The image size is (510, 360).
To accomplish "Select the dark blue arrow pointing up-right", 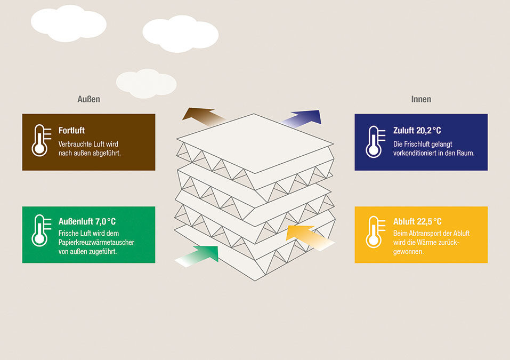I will click(x=306, y=118).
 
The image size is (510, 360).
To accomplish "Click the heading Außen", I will click(x=88, y=99).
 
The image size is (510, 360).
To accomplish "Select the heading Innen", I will click(x=421, y=99).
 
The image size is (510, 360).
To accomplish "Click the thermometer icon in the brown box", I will click(x=39, y=141).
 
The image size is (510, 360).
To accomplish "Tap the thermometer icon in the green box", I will click(x=39, y=231).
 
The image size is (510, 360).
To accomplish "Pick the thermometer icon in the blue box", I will click(x=374, y=142).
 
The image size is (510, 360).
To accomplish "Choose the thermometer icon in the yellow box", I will click(x=374, y=232).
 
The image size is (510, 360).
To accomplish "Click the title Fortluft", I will click(x=71, y=130).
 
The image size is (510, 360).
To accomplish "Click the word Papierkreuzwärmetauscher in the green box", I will click(x=96, y=242).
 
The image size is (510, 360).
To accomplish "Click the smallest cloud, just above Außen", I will click(x=145, y=83).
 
